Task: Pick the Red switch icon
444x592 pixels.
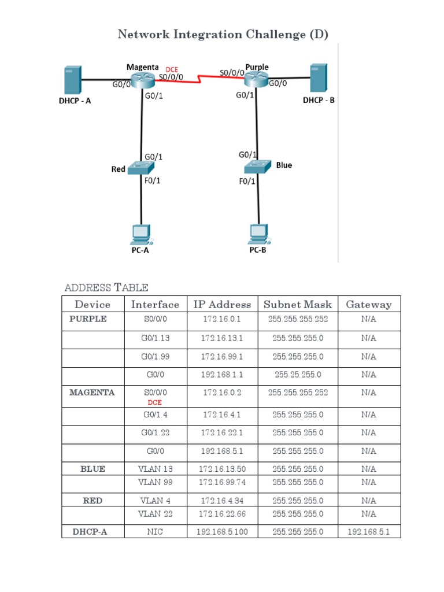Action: click(140, 168)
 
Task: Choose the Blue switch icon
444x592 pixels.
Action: click(257, 166)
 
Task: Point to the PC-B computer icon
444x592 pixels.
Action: click(258, 233)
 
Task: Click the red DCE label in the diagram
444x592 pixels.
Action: click(172, 69)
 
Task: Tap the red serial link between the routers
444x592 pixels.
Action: click(199, 78)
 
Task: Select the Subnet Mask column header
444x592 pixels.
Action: click(298, 304)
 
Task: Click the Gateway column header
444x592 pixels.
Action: click(368, 304)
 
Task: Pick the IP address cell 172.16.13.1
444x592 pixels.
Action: click(222, 338)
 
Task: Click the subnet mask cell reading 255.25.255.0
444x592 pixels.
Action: click(298, 375)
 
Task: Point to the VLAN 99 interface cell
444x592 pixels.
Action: click(155, 482)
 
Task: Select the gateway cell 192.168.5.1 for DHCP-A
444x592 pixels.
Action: click(368, 532)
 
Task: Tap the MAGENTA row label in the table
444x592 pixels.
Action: click(92, 393)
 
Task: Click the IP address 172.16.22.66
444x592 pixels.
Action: click(222, 513)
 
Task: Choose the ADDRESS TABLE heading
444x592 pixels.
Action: click(106, 287)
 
